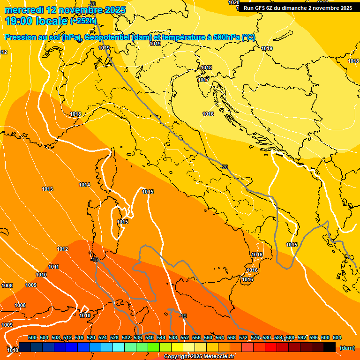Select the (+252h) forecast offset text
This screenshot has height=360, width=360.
click(83, 21)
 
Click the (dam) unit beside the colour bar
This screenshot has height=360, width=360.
click(347, 347)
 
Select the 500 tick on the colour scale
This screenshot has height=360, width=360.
click(32, 337)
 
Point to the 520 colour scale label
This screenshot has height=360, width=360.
click(91, 337)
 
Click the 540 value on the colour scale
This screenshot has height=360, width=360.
click(150, 337)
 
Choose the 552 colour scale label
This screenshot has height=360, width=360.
click(185, 337)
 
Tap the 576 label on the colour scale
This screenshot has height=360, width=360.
click(255, 337)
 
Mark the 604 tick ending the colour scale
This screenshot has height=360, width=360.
click(337, 337)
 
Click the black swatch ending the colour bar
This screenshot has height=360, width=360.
click(330, 347)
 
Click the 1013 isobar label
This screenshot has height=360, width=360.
click(47, 189)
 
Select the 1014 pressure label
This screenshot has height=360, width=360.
click(84, 185)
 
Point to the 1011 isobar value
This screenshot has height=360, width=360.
click(54, 267)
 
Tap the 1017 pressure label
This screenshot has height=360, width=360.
click(203, 80)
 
